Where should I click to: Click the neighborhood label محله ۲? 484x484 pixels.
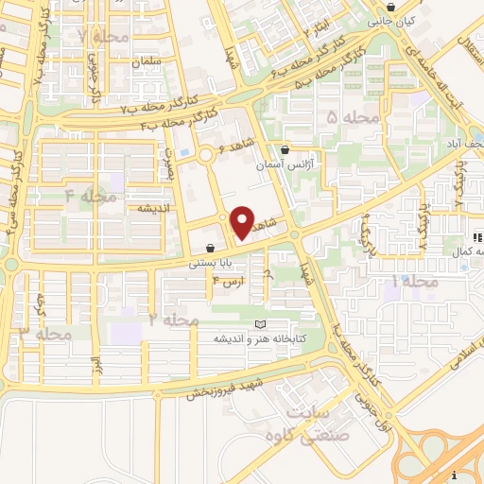(x=175, y=320)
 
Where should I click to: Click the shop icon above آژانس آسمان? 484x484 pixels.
(x=285, y=148)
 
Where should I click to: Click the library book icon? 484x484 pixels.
(x=260, y=324)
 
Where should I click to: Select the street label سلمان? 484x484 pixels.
(x=148, y=60)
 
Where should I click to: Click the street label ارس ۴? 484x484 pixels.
(x=228, y=281)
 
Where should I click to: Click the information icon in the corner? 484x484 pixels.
(x=455, y=475)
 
